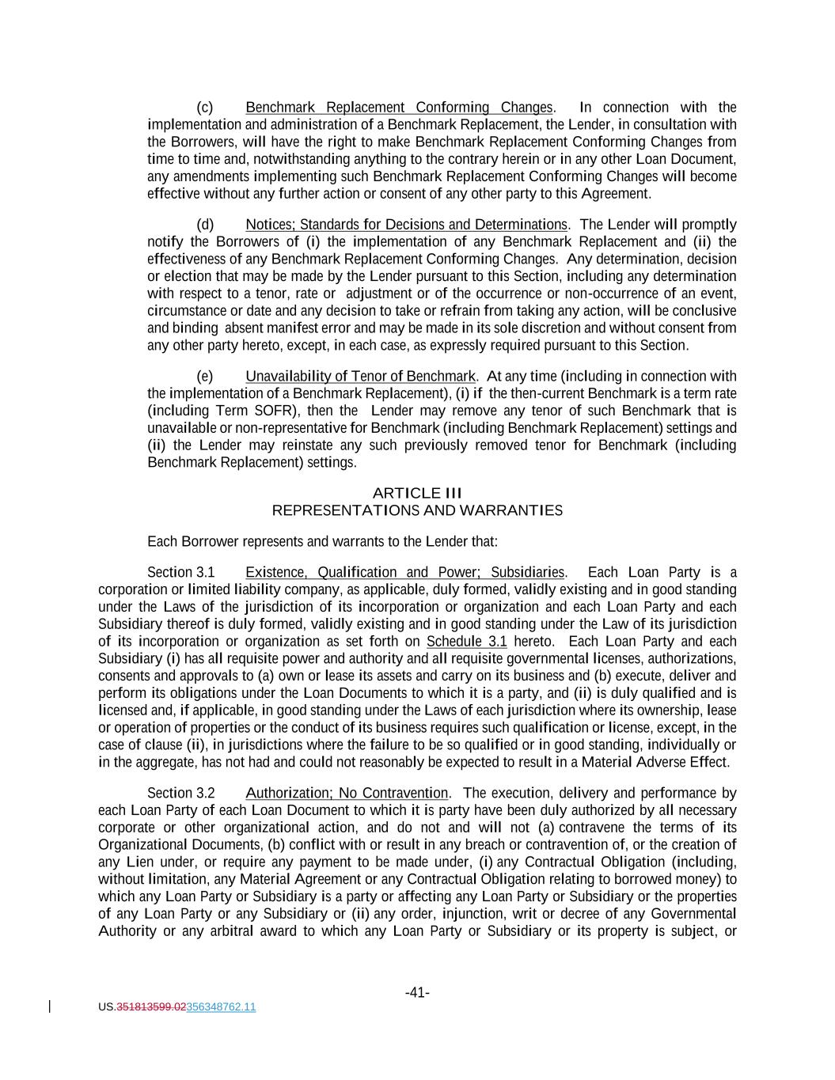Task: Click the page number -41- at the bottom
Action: (x=417, y=992)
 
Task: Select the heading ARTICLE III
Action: (x=417, y=493)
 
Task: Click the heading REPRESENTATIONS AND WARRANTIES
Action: (x=417, y=510)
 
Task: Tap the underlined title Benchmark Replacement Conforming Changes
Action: (x=399, y=108)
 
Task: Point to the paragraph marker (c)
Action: (x=204, y=108)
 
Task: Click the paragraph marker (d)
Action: (x=205, y=225)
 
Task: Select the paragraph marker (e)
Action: (x=204, y=377)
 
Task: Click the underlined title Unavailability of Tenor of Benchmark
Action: (x=360, y=377)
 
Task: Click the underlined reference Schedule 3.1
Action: (x=466, y=642)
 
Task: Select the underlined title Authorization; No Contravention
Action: (x=347, y=794)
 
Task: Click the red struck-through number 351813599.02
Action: (x=151, y=1007)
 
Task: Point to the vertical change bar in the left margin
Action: (x=51, y=1006)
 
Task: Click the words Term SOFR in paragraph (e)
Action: (x=245, y=411)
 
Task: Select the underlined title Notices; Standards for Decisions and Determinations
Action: (x=406, y=225)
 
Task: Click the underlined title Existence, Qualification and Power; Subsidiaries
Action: (x=405, y=573)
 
